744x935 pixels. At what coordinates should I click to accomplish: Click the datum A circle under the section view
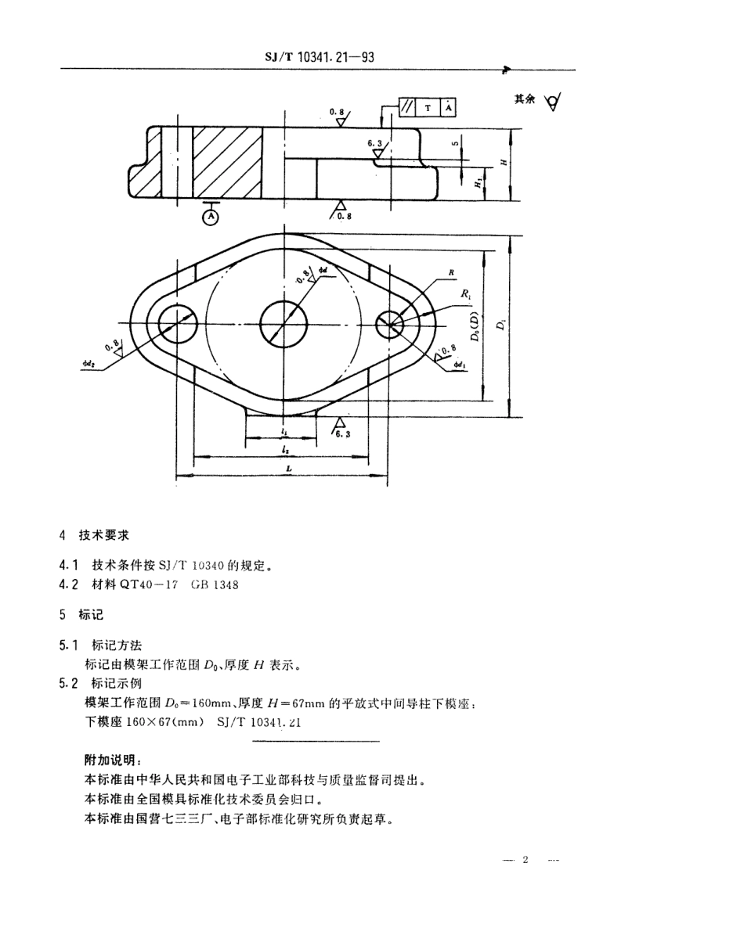[210, 218]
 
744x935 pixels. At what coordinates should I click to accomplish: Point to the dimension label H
[504, 163]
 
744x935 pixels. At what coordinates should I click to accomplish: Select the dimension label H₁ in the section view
[478, 182]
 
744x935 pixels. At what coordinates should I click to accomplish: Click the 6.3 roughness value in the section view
[375, 144]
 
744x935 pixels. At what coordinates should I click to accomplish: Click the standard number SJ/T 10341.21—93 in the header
[322, 57]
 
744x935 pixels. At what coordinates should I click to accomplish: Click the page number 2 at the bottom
[525, 861]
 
